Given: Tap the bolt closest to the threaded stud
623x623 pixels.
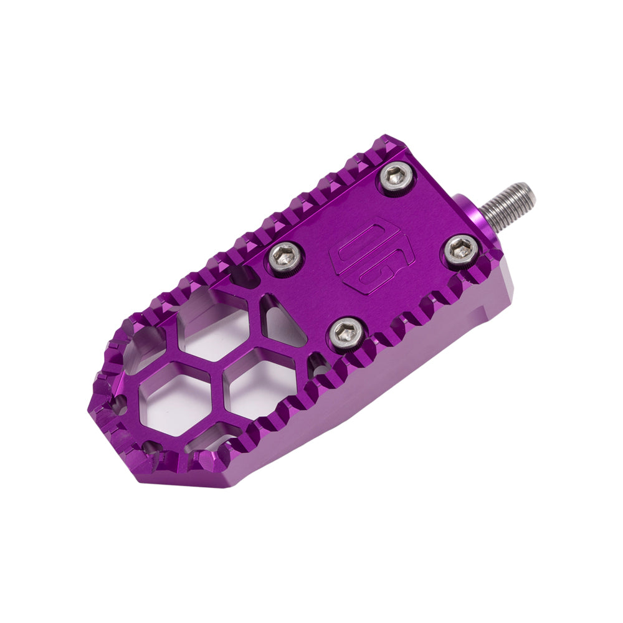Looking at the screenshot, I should (462, 250).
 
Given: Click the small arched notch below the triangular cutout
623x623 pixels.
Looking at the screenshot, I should (318, 368).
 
